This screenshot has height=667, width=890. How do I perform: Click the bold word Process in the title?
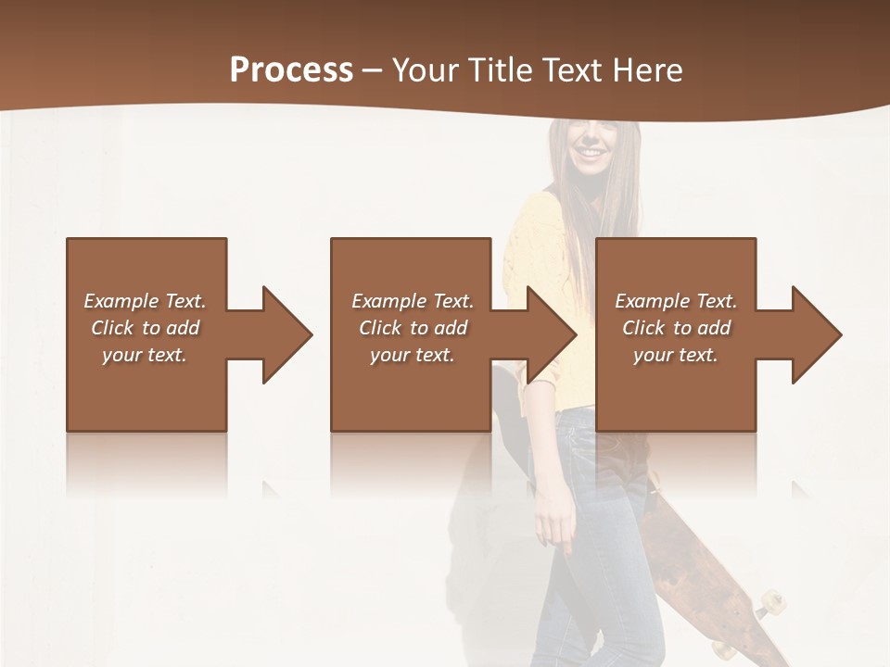point(291,69)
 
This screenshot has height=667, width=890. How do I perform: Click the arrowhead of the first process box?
point(287,334)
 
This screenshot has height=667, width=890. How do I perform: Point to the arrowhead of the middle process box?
point(553,334)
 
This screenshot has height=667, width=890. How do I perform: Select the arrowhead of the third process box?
point(817,334)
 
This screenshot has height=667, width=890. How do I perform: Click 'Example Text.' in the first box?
point(145,301)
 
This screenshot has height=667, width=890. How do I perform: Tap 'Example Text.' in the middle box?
point(412,301)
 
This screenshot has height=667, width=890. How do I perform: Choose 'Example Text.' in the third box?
point(676,301)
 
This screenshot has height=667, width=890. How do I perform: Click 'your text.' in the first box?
point(145,355)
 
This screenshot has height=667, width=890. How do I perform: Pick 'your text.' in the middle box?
point(412,355)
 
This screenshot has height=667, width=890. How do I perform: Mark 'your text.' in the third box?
point(676,355)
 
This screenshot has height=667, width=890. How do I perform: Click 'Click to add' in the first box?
point(145,328)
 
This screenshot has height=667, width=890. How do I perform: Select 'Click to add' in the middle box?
point(412,328)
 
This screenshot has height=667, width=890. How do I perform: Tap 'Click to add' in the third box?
point(676,328)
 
